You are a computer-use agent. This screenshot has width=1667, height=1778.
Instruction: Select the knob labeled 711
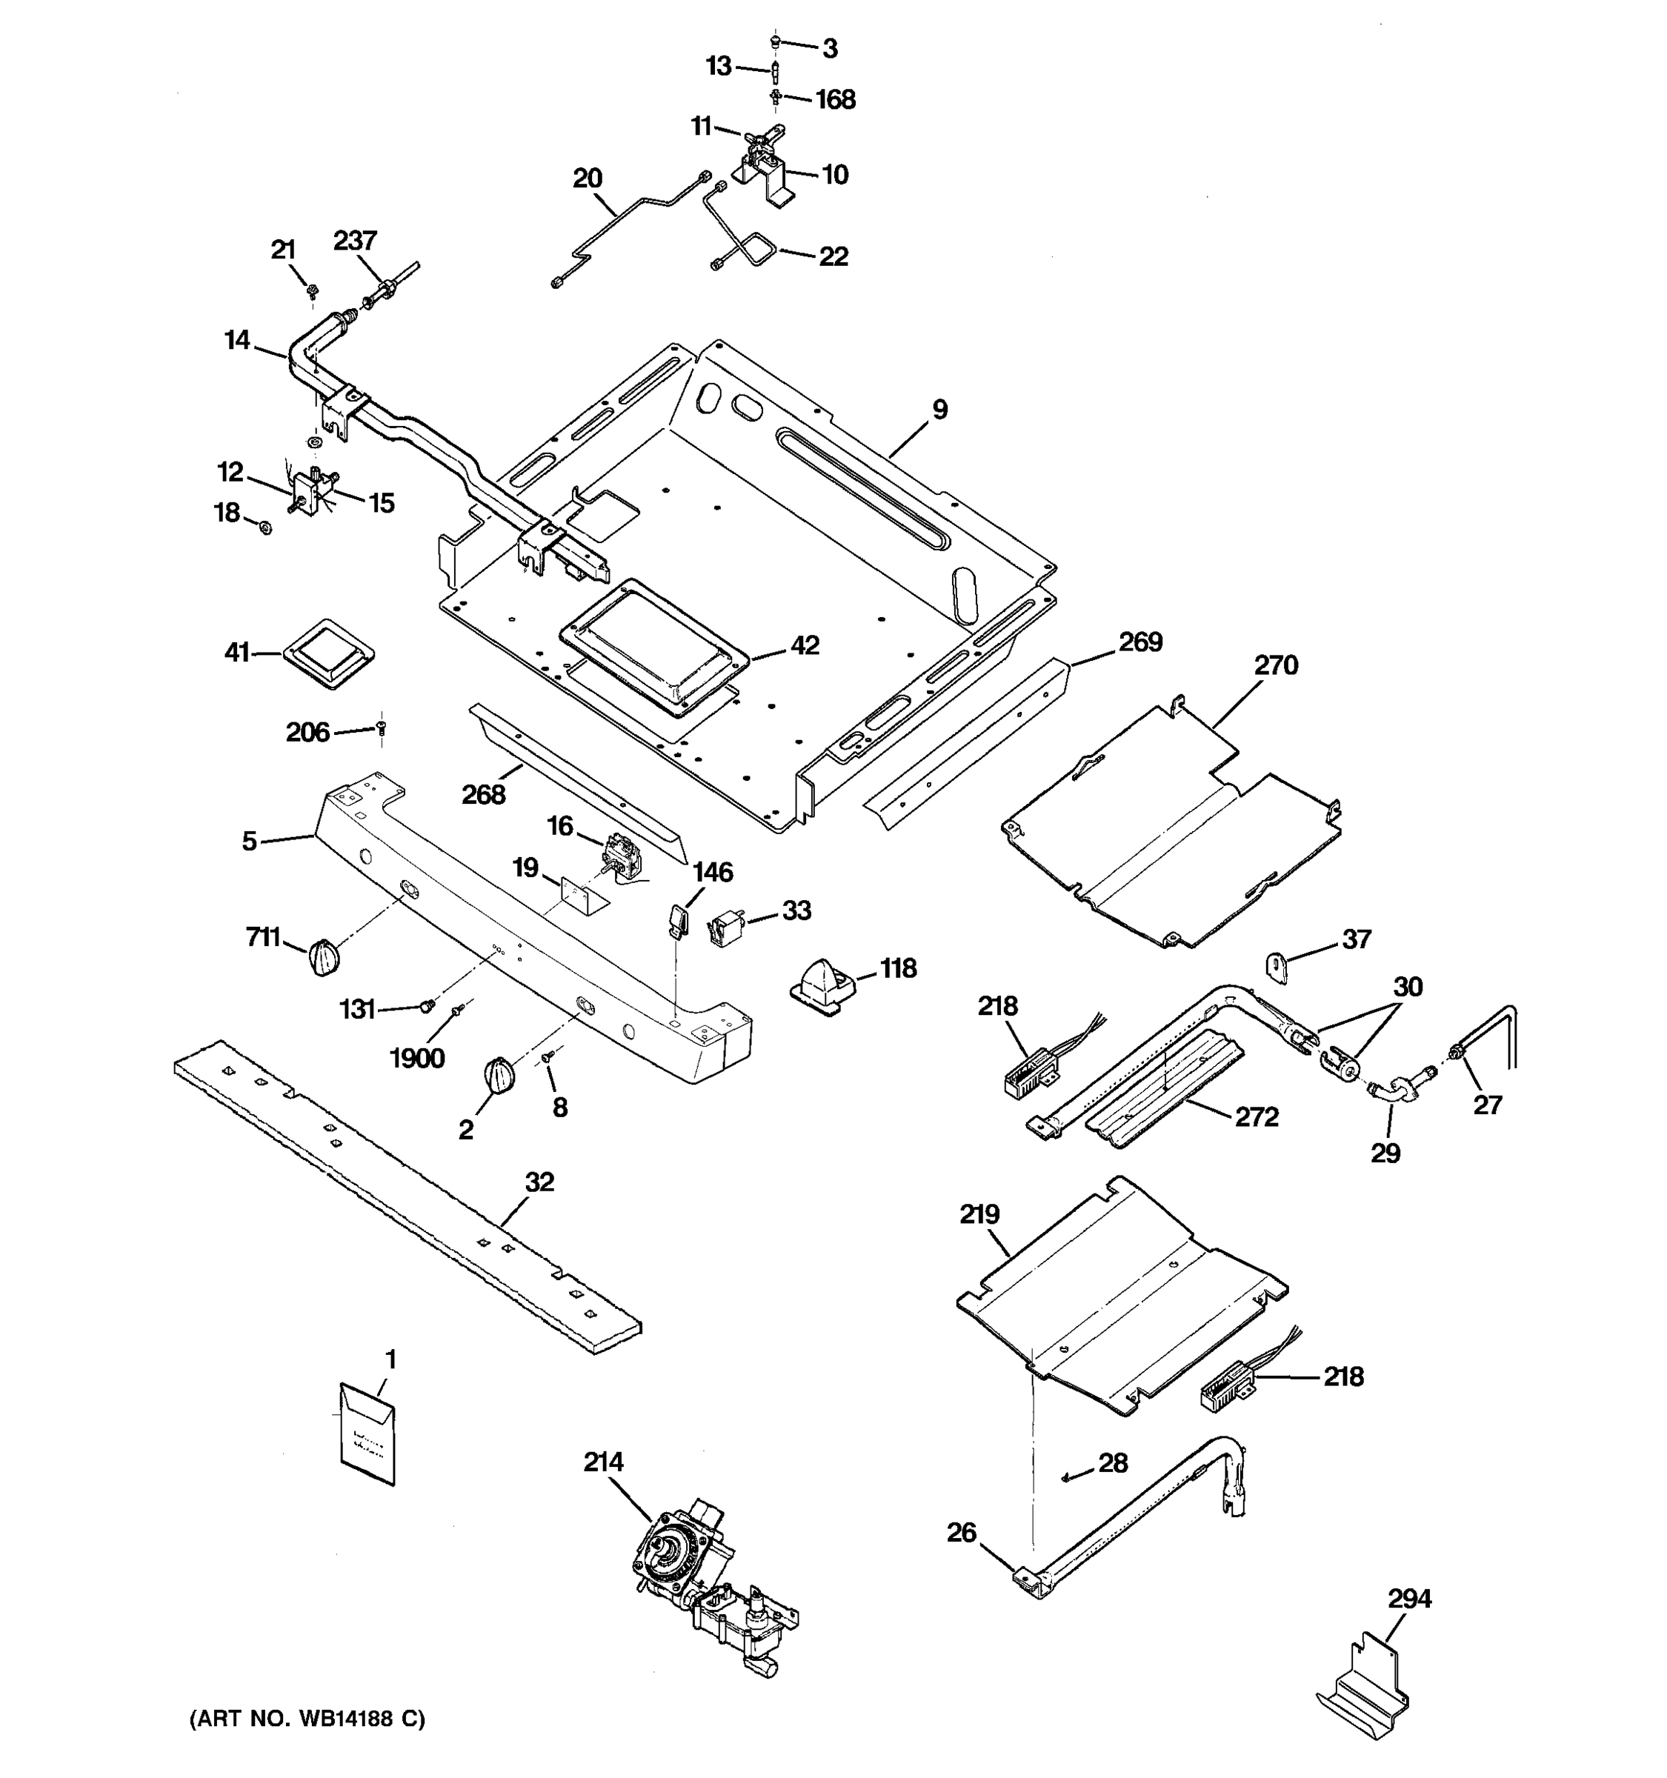point(324,959)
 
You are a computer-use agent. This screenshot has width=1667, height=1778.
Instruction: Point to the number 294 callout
point(1409,1598)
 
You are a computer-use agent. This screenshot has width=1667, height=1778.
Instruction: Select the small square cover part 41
point(328,653)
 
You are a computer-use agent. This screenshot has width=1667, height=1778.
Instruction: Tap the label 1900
point(416,1058)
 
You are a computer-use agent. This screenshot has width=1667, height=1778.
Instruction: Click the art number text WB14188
point(306,1719)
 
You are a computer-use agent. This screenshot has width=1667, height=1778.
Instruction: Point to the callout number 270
point(1275,665)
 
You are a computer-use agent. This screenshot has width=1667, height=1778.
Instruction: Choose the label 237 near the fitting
point(355,241)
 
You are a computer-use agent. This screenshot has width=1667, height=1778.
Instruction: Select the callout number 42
point(805,645)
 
